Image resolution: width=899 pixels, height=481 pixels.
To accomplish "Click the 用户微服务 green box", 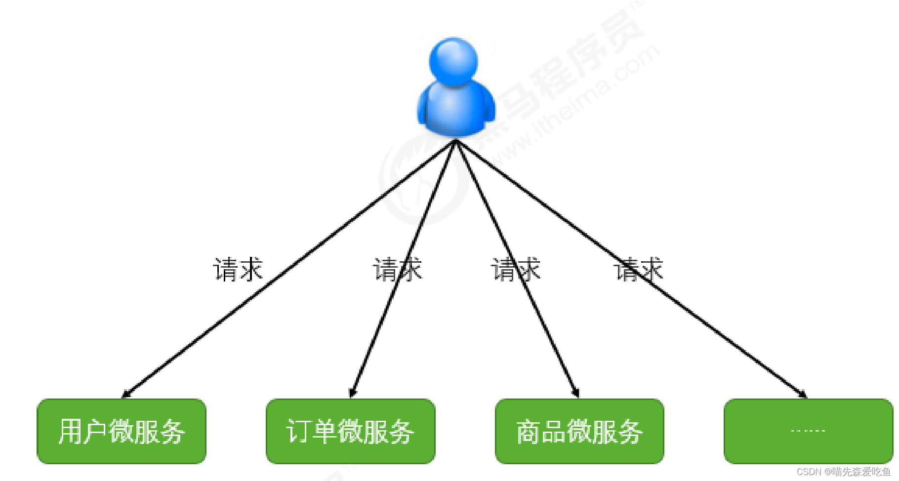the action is (121, 431).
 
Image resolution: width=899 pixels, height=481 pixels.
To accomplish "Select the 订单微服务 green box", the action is (350, 431).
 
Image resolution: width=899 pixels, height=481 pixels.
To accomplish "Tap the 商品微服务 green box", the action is (579, 431).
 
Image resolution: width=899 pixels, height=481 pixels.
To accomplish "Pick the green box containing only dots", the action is (808, 431).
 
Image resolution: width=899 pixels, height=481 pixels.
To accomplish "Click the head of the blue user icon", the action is (453, 60).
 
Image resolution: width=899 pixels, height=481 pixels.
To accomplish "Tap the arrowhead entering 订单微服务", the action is (352, 393).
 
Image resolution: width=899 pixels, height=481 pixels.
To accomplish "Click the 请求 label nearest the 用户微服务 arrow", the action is (238, 270).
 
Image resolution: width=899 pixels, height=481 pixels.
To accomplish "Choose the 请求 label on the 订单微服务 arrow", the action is (397, 270).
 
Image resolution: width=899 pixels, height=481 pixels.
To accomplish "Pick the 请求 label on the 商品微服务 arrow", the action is (515, 270).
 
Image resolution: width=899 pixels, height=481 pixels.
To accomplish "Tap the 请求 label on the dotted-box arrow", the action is (638, 270).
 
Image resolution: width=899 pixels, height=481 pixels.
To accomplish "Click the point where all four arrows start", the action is (456, 141).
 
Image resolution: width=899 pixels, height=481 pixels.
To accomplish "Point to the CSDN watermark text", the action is (843, 472).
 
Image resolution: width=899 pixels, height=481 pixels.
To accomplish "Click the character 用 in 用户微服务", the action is (70, 431).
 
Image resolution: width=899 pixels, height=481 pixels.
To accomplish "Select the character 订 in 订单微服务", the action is (298, 431).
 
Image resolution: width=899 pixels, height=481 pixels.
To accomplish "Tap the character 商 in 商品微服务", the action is (528, 431).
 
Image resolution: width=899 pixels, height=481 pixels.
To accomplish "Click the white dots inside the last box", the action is (808, 431).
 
